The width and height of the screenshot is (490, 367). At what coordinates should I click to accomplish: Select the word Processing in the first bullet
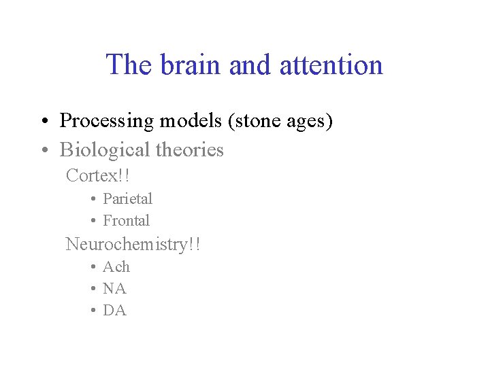107,121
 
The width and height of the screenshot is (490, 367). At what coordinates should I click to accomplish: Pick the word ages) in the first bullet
309,121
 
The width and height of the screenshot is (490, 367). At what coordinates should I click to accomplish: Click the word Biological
105,150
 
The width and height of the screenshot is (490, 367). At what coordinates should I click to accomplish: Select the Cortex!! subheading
97,175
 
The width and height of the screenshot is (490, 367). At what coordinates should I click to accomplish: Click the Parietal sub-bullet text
127,198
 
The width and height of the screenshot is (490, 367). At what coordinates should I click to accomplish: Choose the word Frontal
126,220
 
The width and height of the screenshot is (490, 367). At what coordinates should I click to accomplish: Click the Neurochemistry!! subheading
133,244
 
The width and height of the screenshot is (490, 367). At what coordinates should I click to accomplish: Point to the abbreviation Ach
116,266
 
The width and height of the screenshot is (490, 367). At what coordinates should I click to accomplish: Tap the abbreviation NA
114,288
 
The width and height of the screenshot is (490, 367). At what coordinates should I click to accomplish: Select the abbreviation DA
114,310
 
